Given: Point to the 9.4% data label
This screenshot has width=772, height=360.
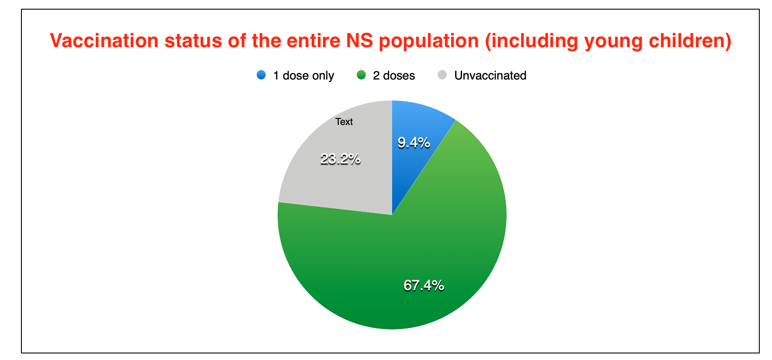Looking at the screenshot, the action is (x=414, y=142).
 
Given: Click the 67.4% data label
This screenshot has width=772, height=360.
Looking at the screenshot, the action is (x=424, y=285).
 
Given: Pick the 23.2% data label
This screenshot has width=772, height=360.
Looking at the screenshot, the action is (x=340, y=159).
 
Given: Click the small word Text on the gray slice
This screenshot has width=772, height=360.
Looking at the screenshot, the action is (x=344, y=122).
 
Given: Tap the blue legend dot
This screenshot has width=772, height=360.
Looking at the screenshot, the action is (x=261, y=75).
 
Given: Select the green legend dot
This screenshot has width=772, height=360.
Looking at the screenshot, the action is (x=361, y=75).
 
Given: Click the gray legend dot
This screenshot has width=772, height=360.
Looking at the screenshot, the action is (x=442, y=75).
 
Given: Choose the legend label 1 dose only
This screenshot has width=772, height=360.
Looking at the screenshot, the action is (x=303, y=76).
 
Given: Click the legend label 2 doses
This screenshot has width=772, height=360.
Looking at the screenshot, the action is (x=394, y=76).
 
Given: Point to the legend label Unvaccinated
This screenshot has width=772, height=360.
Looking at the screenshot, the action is (x=490, y=76).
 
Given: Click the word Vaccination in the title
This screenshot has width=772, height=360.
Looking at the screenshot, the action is (x=104, y=41).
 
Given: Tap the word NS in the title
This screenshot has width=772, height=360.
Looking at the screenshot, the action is (x=360, y=41).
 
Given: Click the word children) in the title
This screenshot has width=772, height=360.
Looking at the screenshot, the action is (x=690, y=41).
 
